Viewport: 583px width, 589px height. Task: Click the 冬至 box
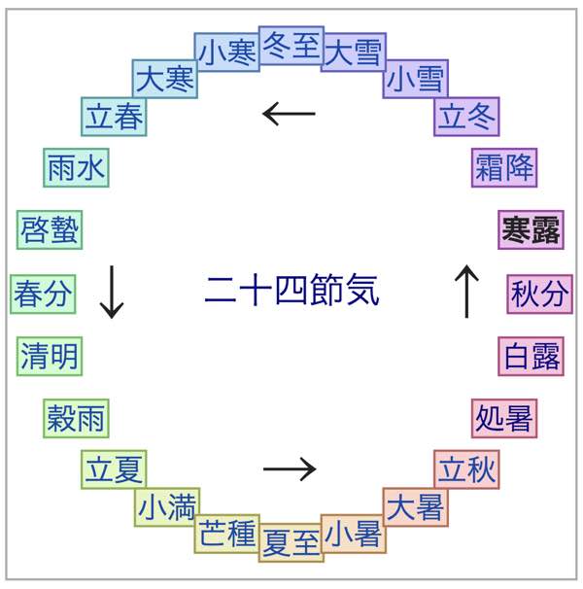tap(291, 46)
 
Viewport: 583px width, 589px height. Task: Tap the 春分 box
tap(43, 294)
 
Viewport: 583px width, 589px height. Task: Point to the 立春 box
tap(115, 117)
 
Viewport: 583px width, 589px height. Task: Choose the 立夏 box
tap(115, 471)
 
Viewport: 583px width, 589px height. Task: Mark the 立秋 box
tap(467, 471)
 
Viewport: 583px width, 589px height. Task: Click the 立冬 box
tap(467, 117)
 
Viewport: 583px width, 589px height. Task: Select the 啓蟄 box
tap(50, 231)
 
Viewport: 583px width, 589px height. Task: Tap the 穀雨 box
tap(77, 419)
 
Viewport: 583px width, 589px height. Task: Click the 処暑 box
tap(504, 419)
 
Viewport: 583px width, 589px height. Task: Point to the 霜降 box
tap(504, 168)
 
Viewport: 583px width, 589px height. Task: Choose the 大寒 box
tap(165, 79)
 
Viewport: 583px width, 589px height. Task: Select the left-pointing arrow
tap(290, 115)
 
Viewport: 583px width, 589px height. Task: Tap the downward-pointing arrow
tap(112, 292)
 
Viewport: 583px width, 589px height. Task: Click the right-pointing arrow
tap(290, 469)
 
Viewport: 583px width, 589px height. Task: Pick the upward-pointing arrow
tap(467, 292)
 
